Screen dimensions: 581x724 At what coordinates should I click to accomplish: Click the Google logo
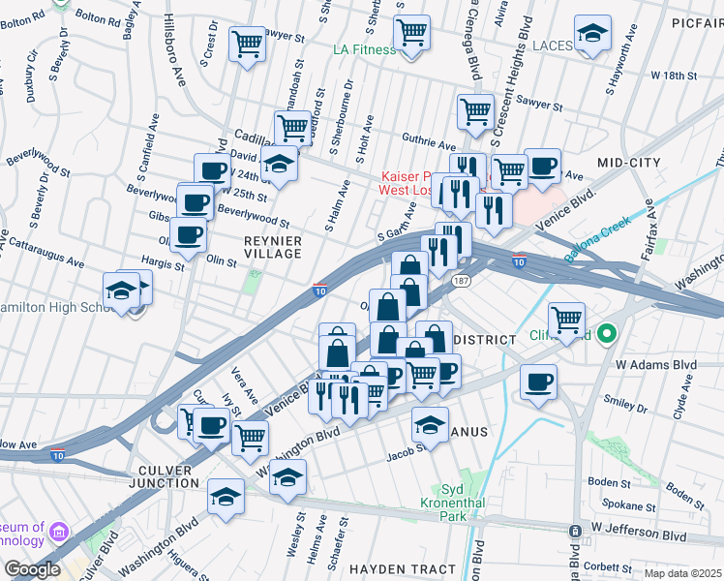[32, 568]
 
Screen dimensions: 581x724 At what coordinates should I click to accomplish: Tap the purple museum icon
[59, 533]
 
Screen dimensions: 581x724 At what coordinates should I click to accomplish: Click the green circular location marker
[607, 335]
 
